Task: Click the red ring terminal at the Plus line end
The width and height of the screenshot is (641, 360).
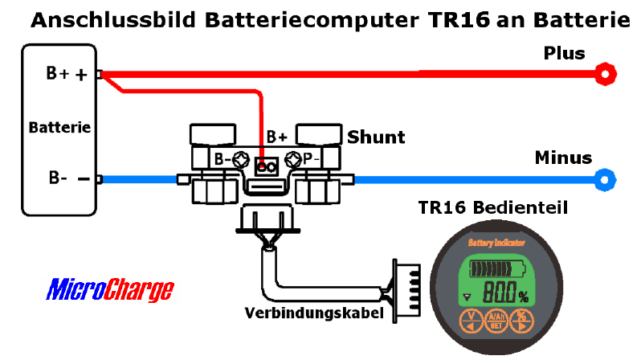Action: point(603,75)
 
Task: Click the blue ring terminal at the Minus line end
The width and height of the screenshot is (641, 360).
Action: point(603,178)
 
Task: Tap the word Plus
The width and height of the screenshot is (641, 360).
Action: point(565,54)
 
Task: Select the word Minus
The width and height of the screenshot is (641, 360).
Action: point(563,157)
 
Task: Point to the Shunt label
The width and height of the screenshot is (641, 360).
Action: point(376,137)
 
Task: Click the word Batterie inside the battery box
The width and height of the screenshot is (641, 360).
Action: point(59,128)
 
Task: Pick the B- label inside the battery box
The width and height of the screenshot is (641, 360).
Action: point(58,178)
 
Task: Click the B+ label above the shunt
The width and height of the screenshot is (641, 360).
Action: point(277,137)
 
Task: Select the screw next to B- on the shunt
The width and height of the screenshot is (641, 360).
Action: point(238,158)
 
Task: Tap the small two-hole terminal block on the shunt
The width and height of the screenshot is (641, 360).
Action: point(266,167)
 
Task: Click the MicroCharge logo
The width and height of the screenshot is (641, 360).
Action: point(110,289)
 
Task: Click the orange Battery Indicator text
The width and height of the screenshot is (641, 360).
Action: point(496,242)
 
